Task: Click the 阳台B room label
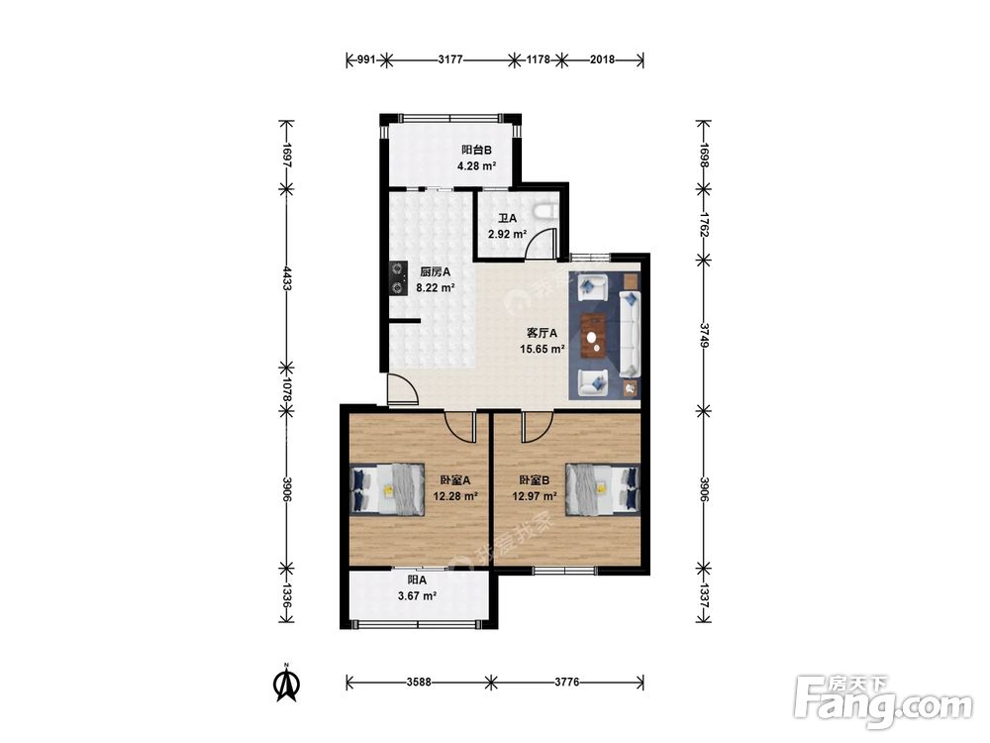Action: point(477,151)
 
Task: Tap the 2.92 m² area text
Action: point(507,234)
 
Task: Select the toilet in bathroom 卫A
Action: point(545,210)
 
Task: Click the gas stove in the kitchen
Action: point(398,278)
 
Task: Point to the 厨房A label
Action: point(435,272)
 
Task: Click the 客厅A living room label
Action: point(542,333)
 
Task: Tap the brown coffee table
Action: point(593,337)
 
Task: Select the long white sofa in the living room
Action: point(630,334)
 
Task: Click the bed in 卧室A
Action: point(387,489)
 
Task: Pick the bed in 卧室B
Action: point(602,487)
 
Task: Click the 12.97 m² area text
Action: point(535,496)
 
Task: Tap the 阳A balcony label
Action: point(417,580)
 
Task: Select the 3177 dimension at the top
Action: point(450,60)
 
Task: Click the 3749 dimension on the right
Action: point(704,335)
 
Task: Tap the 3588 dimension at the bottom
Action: point(419,683)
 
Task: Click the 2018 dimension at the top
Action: point(602,60)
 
